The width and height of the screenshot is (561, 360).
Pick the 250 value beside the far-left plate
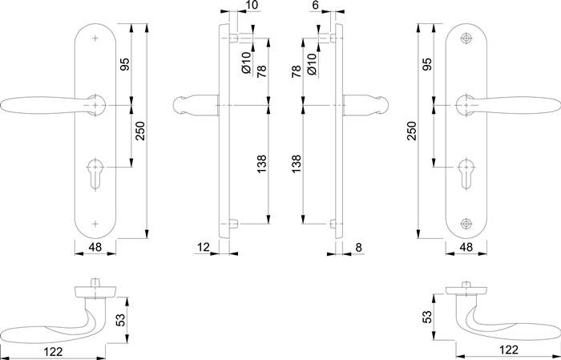click(141, 131)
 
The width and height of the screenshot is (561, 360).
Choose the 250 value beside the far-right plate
click(412, 131)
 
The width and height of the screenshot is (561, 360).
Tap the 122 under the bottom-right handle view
click(507, 350)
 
